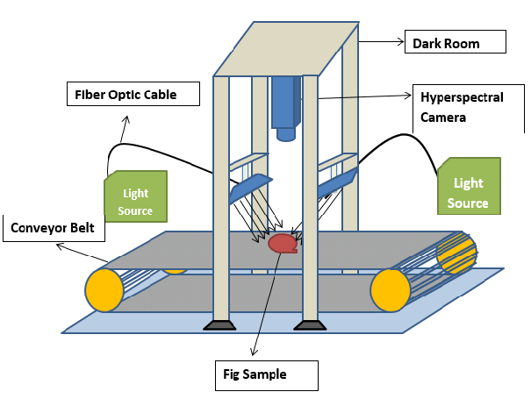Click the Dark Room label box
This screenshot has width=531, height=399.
coord(454,42)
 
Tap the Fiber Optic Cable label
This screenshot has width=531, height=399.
coord(133,94)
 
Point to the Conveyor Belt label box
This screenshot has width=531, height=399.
coord(54,230)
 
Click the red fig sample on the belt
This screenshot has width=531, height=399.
coord(283,244)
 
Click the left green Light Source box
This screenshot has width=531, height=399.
coord(135,195)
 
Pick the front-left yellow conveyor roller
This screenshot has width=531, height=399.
coord(104,289)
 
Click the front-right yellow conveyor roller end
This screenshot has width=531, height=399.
coord(391,289)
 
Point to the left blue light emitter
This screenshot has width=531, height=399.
coord(249,188)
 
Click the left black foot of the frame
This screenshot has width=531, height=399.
coord(219,326)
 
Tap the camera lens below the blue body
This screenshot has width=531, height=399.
coord(285,134)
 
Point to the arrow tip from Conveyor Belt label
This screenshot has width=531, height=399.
coord(57,246)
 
